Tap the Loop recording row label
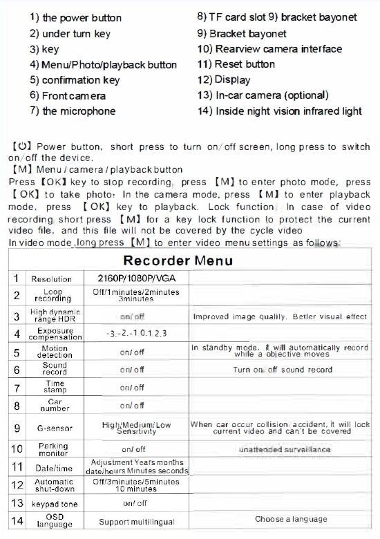click(53, 296)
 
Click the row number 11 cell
click(17, 466)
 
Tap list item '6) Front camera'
click(68, 96)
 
